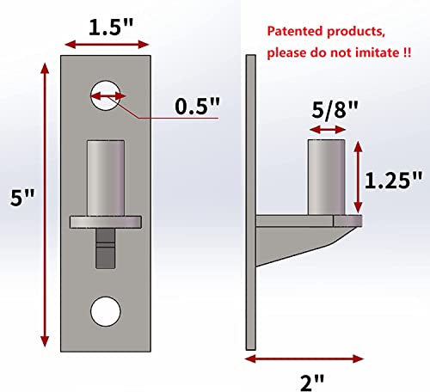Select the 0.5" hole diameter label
pyautogui.click(x=197, y=107)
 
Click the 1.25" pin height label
pyautogui.click(x=394, y=180)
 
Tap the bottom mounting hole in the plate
pyautogui.click(x=105, y=310)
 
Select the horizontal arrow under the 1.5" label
pyautogui.click(x=105, y=44)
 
